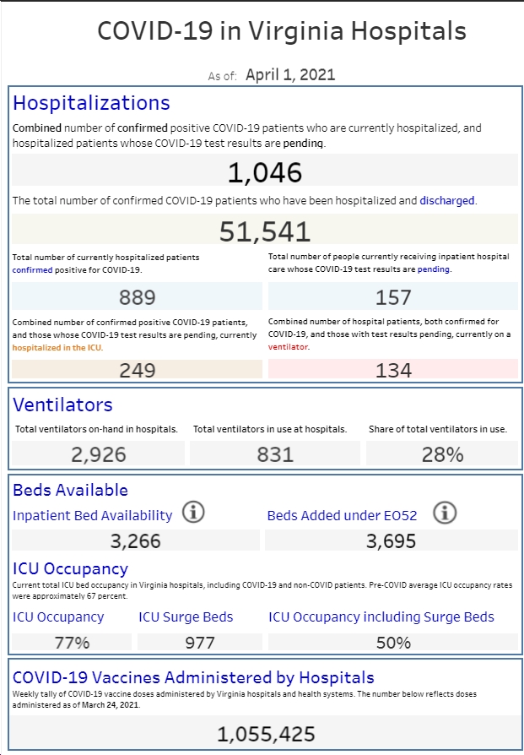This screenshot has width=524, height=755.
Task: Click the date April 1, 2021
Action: tap(290, 74)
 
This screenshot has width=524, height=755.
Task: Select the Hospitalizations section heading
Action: tap(91, 103)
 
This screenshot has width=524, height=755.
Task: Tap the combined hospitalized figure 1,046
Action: tap(265, 172)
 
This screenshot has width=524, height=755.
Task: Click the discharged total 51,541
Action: tap(265, 231)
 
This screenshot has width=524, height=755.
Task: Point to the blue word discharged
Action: tap(447, 200)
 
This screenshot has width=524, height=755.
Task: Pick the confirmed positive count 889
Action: tap(138, 297)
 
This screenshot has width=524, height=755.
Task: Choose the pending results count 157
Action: tap(393, 297)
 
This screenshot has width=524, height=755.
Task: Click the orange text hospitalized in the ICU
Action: tap(57, 348)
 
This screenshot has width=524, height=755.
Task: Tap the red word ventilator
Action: tap(288, 347)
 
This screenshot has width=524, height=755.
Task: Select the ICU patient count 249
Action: tap(138, 370)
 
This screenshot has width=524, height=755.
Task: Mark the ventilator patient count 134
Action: tap(393, 370)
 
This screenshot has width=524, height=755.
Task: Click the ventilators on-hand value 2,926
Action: tap(99, 454)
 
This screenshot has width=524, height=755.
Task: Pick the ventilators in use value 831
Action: tap(275, 454)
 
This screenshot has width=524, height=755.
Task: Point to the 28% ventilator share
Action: tap(443, 454)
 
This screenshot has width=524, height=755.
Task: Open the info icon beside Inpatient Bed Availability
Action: tap(193, 512)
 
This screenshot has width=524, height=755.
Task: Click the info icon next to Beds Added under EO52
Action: tap(445, 512)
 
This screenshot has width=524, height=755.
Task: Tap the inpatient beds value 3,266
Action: tap(136, 540)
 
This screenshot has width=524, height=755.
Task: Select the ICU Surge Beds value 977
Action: tap(200, 643)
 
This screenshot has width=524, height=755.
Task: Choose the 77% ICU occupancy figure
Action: tap(73, 643)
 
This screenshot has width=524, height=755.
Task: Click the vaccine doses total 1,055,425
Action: tap(266, 734)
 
